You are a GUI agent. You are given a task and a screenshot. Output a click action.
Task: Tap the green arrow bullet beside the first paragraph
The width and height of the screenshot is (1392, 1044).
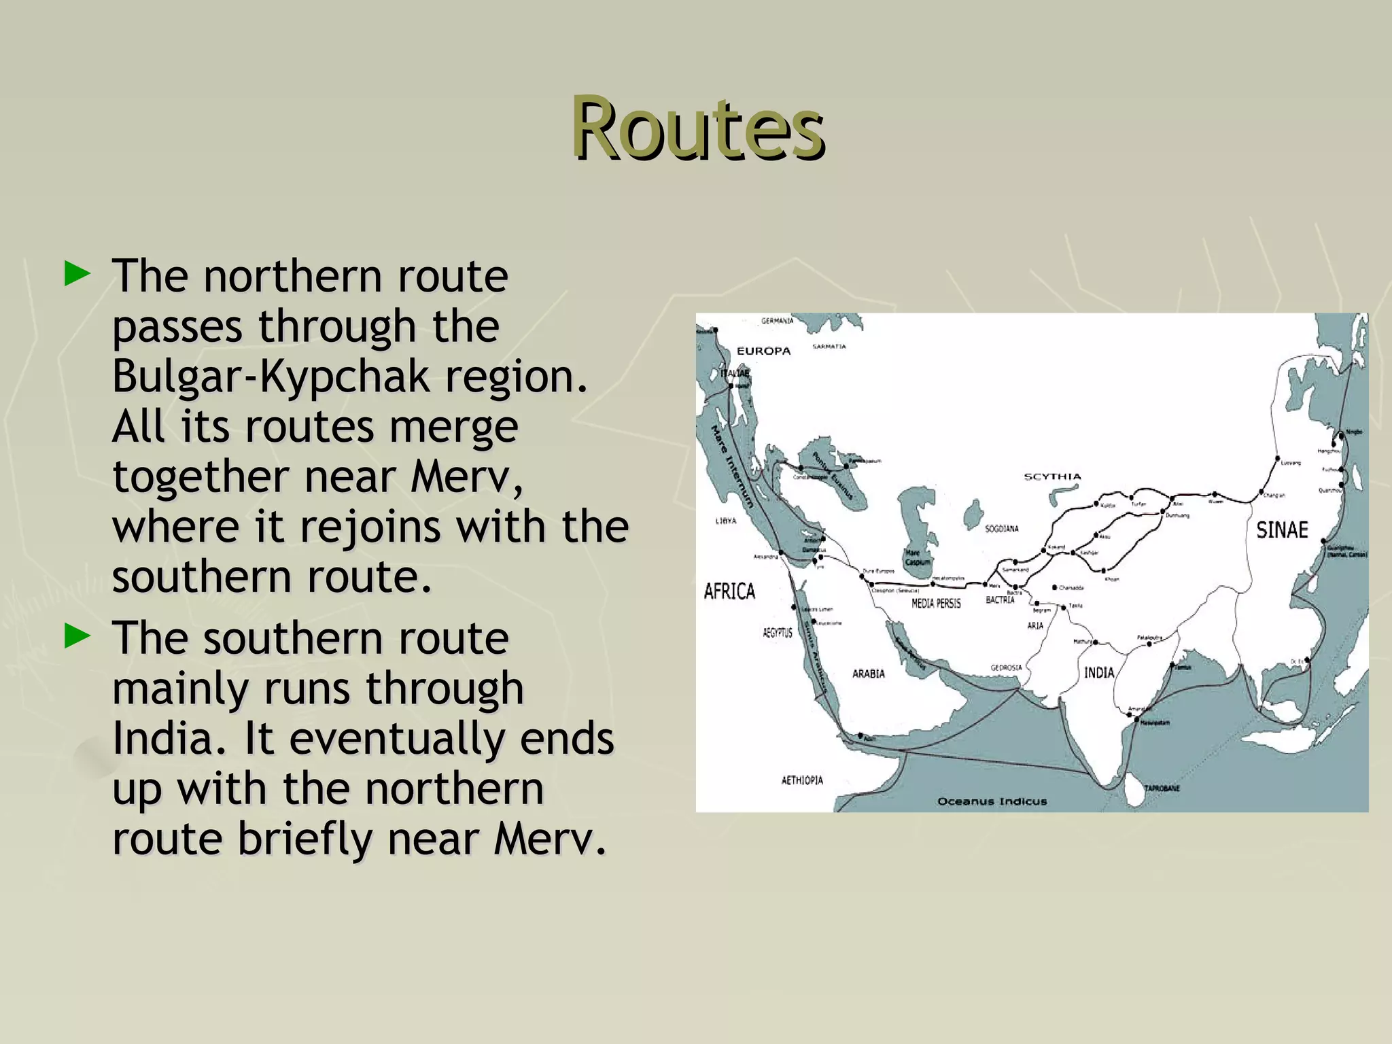(x=77, y=274)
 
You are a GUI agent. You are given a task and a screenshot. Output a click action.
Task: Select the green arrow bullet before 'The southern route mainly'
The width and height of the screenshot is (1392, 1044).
(x=77, y=637)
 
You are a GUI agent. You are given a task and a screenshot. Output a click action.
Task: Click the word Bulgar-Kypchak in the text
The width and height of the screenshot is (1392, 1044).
(x=271, y=377)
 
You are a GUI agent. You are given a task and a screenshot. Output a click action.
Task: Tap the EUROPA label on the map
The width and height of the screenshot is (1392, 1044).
(x=764, y=351)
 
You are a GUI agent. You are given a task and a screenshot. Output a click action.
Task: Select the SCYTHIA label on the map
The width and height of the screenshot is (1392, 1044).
(x=1052, y=476)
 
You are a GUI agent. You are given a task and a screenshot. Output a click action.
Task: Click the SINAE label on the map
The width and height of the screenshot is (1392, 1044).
(x=1282, y=530)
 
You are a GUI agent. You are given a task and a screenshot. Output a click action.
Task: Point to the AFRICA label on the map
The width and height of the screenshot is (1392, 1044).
(x=729, y=591)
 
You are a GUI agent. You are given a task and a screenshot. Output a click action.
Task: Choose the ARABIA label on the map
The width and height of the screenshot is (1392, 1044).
(x=869, y=674)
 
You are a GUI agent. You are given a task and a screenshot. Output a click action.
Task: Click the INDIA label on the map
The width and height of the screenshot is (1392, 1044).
(x=1099, y=672)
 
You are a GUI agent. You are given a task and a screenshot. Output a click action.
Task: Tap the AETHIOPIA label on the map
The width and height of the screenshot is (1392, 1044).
(x=802, y=780)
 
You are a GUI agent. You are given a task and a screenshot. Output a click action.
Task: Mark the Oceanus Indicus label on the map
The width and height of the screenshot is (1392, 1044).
(x=992, y=801)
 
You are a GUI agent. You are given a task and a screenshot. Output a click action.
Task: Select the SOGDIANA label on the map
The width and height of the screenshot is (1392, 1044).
(x=1002, y=528)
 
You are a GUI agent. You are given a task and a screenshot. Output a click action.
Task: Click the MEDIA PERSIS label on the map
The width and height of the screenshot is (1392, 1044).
(x=936, y=603)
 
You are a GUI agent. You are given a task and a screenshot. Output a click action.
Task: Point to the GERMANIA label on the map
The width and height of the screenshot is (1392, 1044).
(x=778, y=321)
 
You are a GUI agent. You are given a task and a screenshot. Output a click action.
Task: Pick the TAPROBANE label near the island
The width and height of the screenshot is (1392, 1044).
(x=1162, y=788)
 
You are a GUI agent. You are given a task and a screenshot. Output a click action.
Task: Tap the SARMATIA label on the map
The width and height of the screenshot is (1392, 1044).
(x=829, y=347)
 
